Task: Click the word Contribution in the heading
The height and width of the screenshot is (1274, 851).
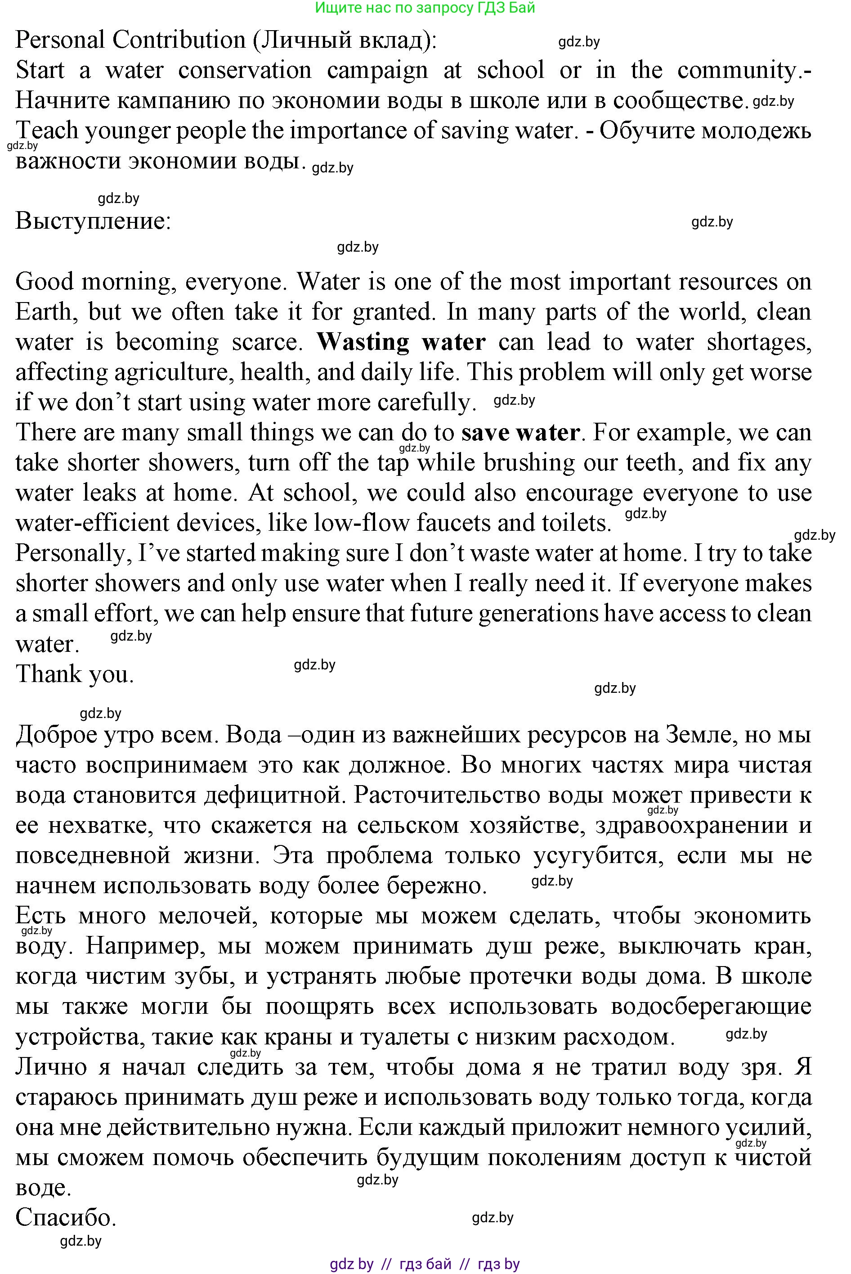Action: [179, 40]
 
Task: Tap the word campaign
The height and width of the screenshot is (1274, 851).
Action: [377, 71]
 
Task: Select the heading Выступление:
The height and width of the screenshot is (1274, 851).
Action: [94, 221]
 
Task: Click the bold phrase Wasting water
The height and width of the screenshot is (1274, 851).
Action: [401, 342]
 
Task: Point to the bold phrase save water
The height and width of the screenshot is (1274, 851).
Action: [520, 433]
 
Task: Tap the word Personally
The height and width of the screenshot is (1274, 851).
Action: [73, 553]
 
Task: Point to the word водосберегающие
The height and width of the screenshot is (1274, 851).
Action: [711, 1006]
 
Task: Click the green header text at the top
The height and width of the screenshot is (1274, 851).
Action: [425, 8]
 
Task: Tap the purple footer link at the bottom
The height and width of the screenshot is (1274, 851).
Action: [425, 1264]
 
